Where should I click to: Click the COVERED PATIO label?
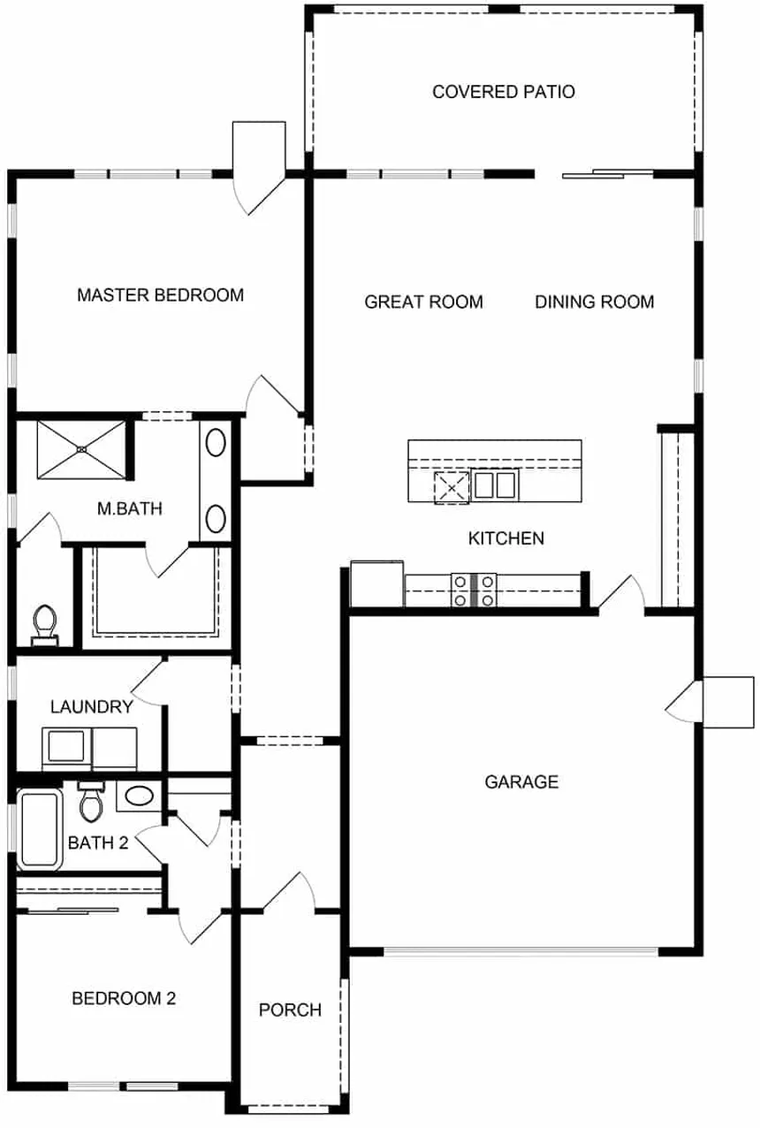(504, 92)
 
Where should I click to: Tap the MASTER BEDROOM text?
(161, 295)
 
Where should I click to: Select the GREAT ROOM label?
(424, 302)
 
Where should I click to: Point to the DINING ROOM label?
(595, 302)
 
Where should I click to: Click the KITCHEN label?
(506, 538)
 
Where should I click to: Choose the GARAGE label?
(522, 781)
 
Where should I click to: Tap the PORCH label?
(290, 1010)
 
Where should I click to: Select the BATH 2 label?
(98, 842)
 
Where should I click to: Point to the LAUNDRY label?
(92, 707)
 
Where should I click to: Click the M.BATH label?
(130, 508)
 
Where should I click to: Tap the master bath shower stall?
(81, 449)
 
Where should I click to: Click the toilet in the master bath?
(45, 625)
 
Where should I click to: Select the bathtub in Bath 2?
(39, 829)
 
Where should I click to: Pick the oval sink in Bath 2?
(139, 796)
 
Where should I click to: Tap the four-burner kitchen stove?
(474, 591)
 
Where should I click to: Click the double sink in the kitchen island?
(495, 484)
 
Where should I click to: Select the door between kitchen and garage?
(621, 594)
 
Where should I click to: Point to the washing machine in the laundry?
(66, 748)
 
